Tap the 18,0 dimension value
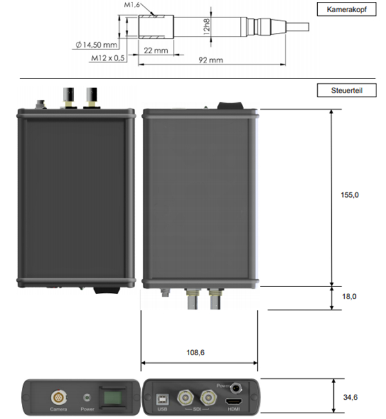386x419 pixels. click(349, 296)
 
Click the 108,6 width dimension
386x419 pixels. click(199, 353)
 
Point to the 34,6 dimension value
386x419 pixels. click(350, 398)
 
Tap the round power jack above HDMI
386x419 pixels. click(238, 388)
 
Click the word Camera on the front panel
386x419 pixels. click(58, 409)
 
